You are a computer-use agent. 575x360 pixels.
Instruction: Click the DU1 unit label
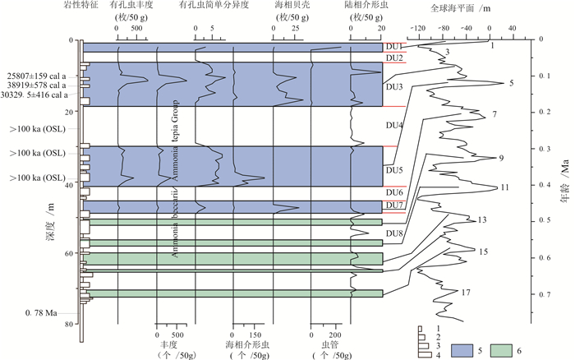point(393,46)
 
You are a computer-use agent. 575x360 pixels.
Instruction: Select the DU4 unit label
point(395,125)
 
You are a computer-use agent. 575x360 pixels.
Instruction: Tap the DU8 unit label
point(394,233)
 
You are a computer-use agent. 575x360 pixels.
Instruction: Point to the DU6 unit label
point(394,193)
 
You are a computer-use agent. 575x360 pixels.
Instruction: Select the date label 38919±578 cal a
point(39,85)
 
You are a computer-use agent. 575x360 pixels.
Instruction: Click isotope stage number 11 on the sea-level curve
point(504,187)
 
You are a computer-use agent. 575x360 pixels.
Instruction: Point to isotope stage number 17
point(466,293)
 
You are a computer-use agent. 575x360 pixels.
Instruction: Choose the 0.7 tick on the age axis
point(545,294)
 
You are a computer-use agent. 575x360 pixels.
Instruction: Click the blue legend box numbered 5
point(453,349)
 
